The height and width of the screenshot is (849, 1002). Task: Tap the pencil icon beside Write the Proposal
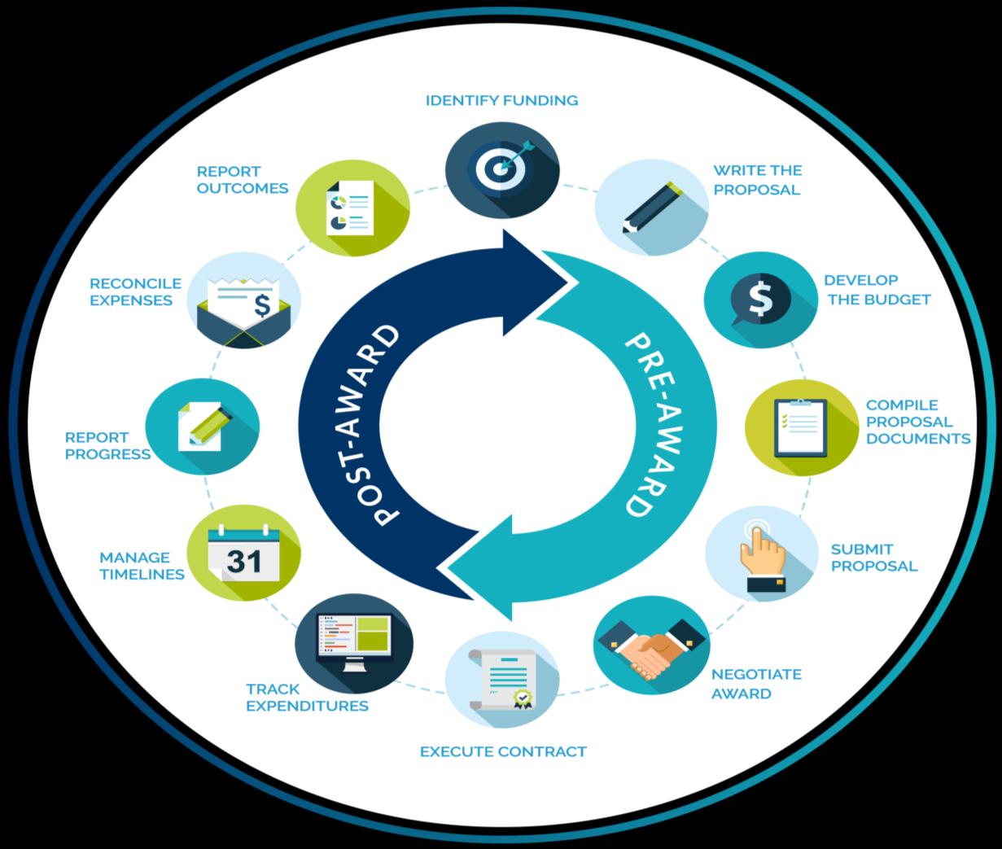[651, 207]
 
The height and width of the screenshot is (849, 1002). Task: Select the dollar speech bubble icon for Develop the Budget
[759, 297]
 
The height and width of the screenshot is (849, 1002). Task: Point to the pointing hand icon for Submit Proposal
[760, 553]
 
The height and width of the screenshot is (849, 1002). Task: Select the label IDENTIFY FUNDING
[501, 100]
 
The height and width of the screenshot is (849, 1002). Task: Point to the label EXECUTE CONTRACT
[503, 751]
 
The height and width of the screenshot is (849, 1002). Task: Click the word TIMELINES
[142, 574]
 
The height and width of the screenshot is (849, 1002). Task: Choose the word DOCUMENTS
[918, 439]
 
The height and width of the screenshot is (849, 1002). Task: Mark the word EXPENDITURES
[307, 706]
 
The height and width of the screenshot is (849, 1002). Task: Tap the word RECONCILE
[135, 283]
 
